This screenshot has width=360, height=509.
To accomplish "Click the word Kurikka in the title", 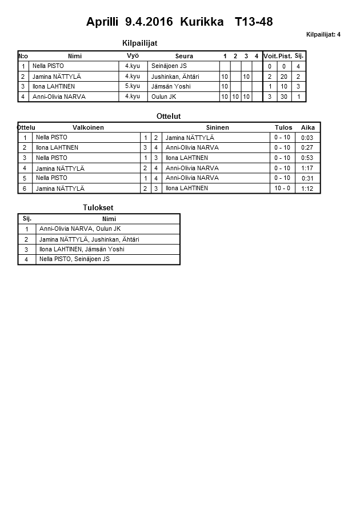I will [x=202, y=22].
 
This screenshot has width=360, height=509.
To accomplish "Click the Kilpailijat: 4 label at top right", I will [x=323, y=35].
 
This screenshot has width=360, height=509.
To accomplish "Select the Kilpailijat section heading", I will [x=140, y=43].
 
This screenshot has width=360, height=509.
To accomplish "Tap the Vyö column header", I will [x=133, y=56].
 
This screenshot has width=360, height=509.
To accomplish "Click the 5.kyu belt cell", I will [x=133, y=86].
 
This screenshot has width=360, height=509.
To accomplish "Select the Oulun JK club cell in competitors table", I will [x=163, y=97].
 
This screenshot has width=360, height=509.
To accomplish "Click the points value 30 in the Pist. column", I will [x=284, y=97].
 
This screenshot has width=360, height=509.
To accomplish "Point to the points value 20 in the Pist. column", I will [x=284, y=77].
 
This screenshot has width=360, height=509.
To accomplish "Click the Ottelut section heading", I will [x=169, y=116].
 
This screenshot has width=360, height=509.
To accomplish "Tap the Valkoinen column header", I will [x=88, y=127].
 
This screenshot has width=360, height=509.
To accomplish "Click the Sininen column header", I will [x=217, y=127].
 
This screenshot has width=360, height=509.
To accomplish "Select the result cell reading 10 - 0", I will [x=282, y=188].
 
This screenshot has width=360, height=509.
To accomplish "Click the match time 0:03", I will [x=307, y=138].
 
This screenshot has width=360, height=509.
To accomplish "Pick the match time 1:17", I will [x=307, y=168].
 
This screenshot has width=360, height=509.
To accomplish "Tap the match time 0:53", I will [x=307, y=158].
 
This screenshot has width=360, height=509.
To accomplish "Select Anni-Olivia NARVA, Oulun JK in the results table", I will [x=80, y=229].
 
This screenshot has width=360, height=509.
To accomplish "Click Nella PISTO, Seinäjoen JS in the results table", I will [x=74, y=259].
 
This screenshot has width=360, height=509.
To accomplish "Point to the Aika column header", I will [x=308, y=127].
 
